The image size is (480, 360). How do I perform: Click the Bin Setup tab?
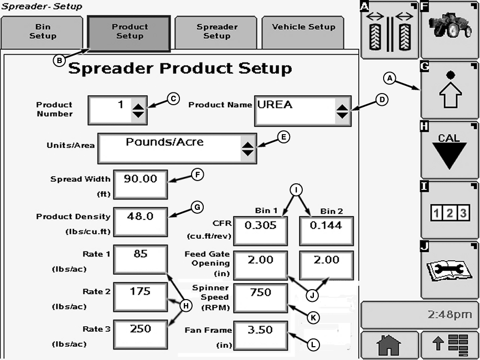click(43, 32)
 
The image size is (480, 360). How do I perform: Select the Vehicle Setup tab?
click(303, 32)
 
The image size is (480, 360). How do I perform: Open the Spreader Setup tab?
click(216, 32)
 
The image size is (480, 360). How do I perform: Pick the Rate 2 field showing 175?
click(141, 297)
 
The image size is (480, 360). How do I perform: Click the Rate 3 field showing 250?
click(141, 334)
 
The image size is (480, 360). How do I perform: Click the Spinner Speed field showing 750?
click(260, 298)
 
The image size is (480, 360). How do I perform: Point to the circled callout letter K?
click(313, 318)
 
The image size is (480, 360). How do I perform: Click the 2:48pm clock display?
click(419, 315)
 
